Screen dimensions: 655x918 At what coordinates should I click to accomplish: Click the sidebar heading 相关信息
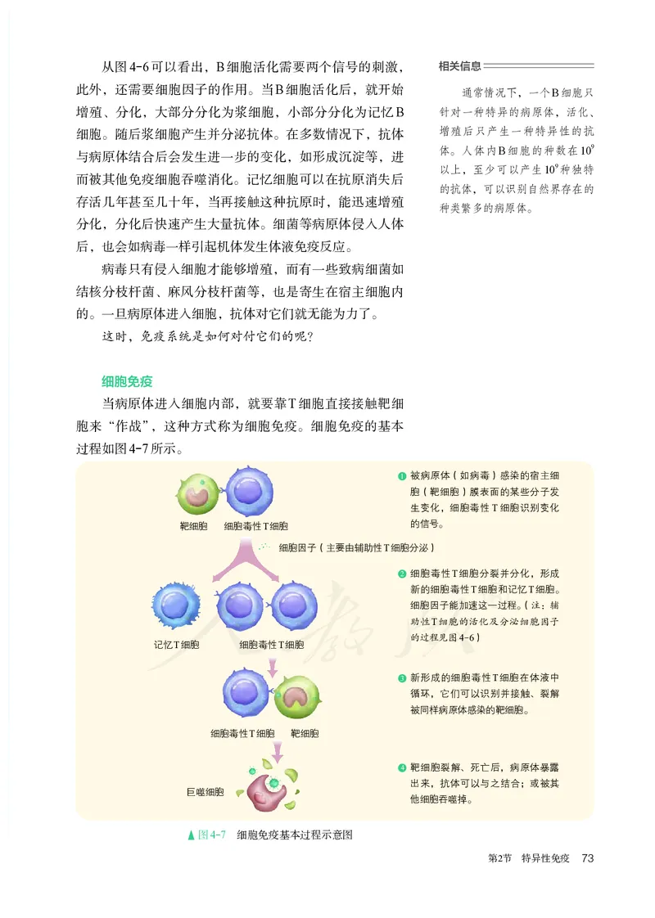[460, 66]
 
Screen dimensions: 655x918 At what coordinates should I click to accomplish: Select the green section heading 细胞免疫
[127, 381]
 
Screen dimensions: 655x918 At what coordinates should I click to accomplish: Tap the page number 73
[586, 858]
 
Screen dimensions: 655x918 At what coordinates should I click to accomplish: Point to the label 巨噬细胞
[205, 792]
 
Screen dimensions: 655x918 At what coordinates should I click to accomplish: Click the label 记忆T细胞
[177, 644]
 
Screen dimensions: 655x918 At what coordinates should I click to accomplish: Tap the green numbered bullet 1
[402, 476]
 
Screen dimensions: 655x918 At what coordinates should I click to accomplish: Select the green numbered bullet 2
[402, 574]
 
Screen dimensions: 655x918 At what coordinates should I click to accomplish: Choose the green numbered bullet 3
[402, 678]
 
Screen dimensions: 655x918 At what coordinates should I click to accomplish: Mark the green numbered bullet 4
[402, 767]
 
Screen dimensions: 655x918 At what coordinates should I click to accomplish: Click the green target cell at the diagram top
[197, 492]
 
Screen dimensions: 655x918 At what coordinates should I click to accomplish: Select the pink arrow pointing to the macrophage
[279, 748]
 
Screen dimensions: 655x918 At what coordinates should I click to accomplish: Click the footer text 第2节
[499, 858]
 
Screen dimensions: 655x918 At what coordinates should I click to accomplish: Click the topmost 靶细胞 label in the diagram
[194, 526]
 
